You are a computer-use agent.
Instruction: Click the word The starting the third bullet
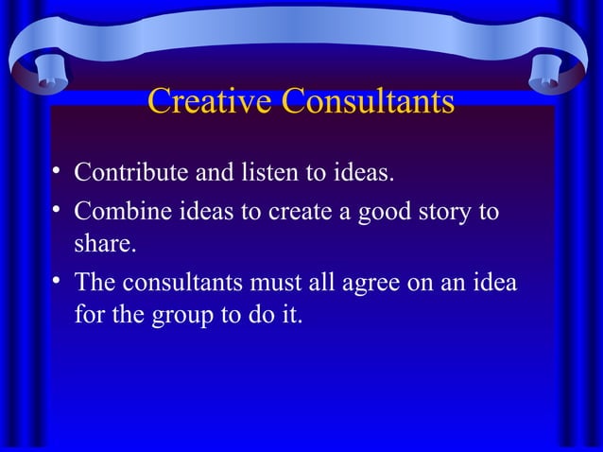click(93, 282)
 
